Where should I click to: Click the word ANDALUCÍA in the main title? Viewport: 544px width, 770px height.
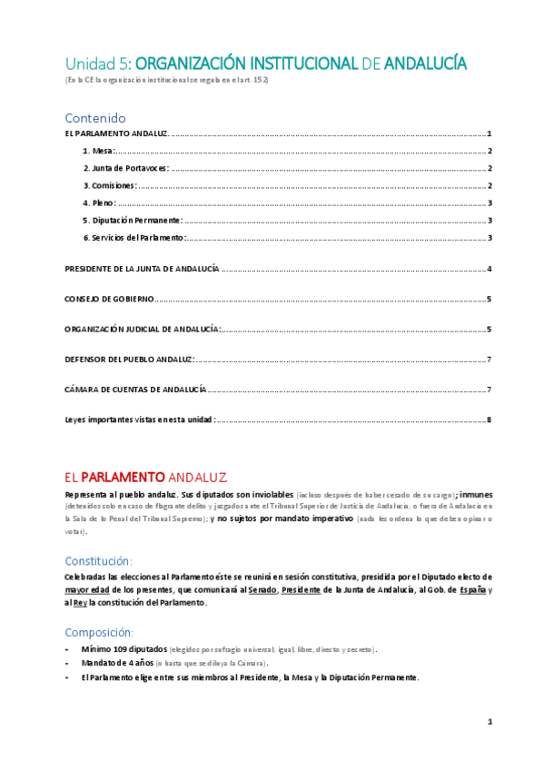(x=426, y=64)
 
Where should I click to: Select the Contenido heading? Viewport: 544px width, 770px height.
(x=94, y=118)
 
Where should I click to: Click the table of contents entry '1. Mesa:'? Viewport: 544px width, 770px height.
(x=98, y=151)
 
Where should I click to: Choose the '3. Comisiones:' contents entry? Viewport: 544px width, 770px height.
(x=109, y=185)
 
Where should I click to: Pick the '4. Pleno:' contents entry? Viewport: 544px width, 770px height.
(x=99, y=202)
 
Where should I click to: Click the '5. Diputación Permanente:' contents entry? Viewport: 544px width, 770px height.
(x=132, y=220)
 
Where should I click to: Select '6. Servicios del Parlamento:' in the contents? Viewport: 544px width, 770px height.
(x=134, y=237)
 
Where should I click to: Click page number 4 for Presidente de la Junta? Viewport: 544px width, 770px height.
(x=489, y=269)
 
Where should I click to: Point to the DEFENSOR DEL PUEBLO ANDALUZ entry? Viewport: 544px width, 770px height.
(x=129, y=359)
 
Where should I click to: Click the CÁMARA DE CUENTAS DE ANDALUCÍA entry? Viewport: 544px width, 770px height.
(x=135, y=389)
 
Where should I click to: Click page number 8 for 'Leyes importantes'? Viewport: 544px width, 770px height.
(x=489, y=420)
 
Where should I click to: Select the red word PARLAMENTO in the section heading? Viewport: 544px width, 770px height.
(x=123, y=477)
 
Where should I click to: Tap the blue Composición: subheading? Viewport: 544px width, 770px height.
(x=99, y=632)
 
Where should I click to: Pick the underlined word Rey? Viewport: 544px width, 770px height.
(x=80, y=602)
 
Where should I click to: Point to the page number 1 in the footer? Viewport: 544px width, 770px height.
(x=489, y=722)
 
